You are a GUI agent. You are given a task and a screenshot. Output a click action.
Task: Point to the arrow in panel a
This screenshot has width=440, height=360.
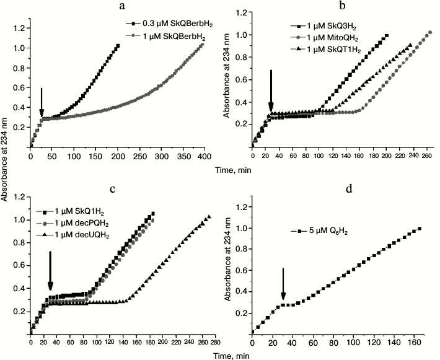(41, 102)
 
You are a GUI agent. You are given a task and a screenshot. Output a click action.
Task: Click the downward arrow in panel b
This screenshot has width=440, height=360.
(271, 90)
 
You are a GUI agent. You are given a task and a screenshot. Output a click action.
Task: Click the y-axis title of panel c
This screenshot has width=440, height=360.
(6, 268)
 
